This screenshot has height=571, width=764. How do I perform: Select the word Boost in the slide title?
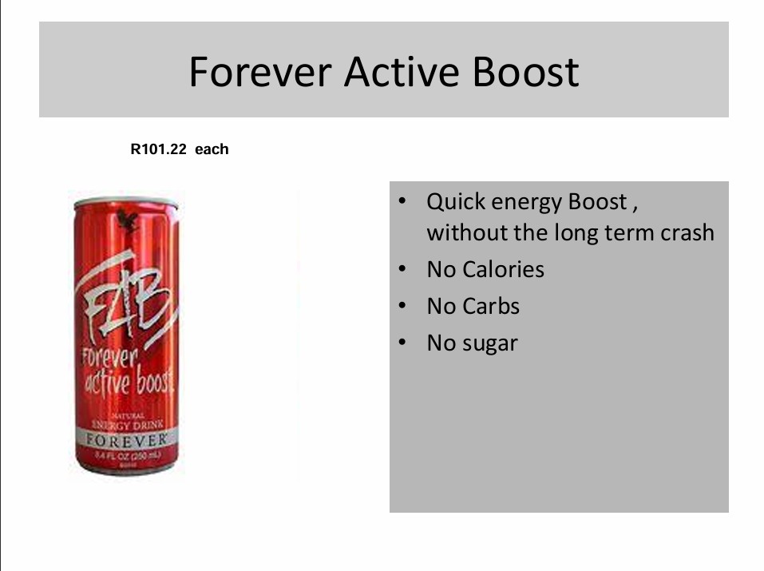pyautogui.click(x=525, y=72)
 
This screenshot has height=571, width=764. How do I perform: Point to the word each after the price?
pyautogui.click(x=212, y=149)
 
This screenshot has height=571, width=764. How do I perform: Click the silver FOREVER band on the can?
pyautogui.click(x=125, y=440)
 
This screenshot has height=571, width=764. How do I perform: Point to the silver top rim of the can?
pyautogui.click(x=125, y=199)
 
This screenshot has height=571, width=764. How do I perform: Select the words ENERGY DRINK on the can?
pyautogui.click(x=125, y=426)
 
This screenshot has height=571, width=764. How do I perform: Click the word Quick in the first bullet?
pyautogui.click(x=456, y=202)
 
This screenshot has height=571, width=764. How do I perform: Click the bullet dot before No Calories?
pyautogui.click(x=405, y=269)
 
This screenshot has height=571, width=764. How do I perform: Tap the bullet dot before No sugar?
pyautogui.click(x=405, y=343)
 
